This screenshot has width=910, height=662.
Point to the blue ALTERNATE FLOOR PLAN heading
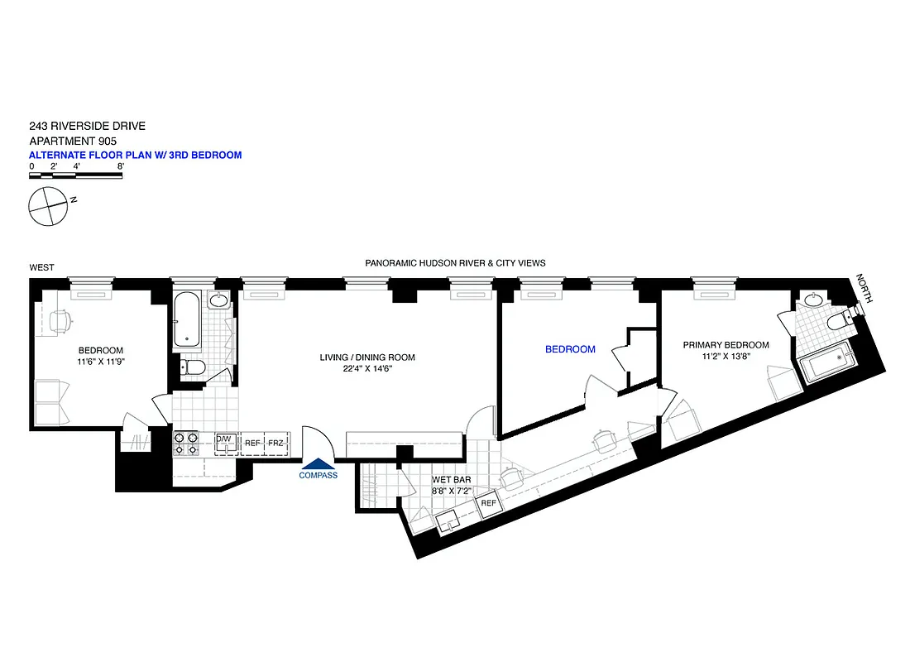pos(135,155)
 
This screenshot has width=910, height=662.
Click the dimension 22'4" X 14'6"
pos(367,369)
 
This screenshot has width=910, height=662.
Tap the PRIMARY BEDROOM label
pos(726,345)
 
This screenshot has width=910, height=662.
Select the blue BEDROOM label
pos(570,349)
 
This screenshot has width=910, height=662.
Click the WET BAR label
pos(450,479)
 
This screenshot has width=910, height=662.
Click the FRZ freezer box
pos(275,444)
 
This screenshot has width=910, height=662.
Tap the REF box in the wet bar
pos(488,503)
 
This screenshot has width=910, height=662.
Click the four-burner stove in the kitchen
pos(185,444)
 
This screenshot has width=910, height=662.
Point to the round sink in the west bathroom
pos(219,301)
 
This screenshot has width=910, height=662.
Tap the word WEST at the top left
pos(41,267)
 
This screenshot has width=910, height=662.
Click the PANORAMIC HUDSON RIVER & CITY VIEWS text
pos(455,263)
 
